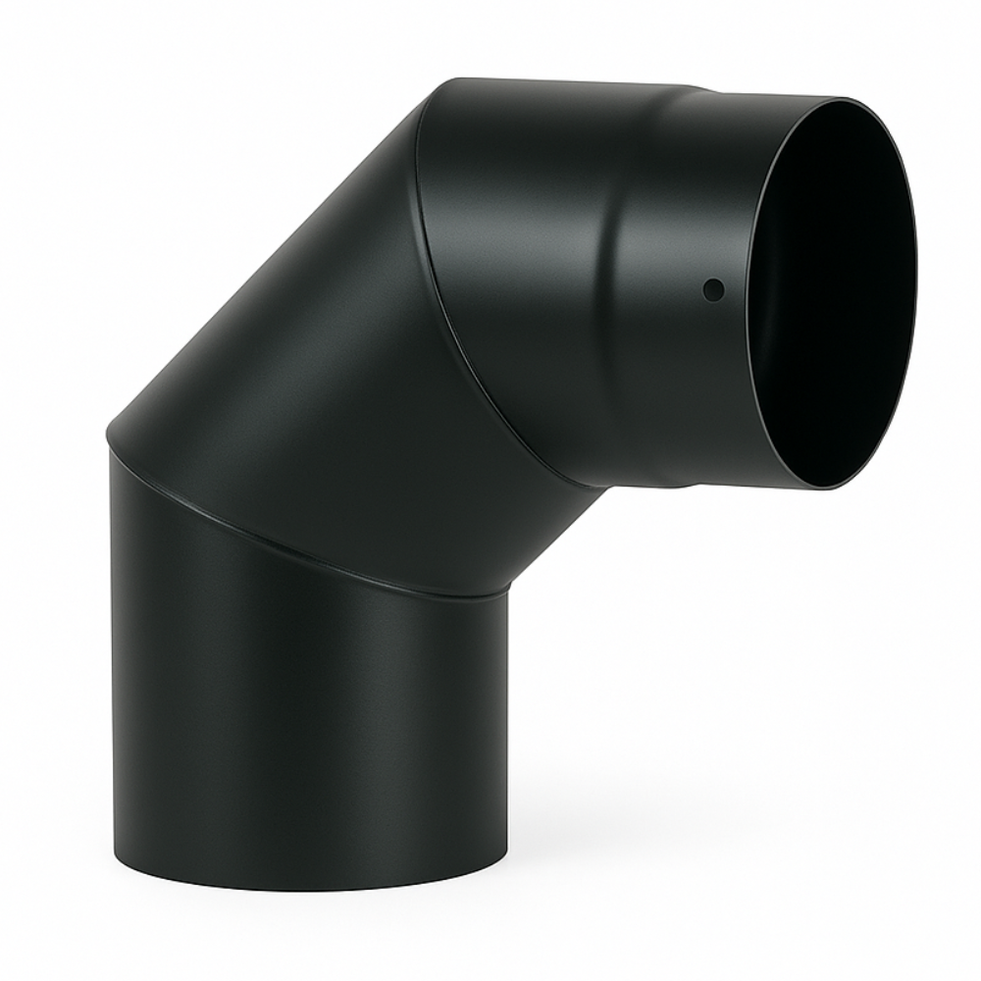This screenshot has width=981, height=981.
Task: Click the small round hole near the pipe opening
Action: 714,289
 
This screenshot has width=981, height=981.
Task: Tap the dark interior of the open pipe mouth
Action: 834,294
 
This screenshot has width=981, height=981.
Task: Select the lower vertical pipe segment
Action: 304,726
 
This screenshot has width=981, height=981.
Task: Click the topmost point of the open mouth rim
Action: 844,99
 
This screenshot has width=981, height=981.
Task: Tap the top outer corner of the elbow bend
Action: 451,82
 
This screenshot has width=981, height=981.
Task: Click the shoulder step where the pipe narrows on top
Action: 701,91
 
